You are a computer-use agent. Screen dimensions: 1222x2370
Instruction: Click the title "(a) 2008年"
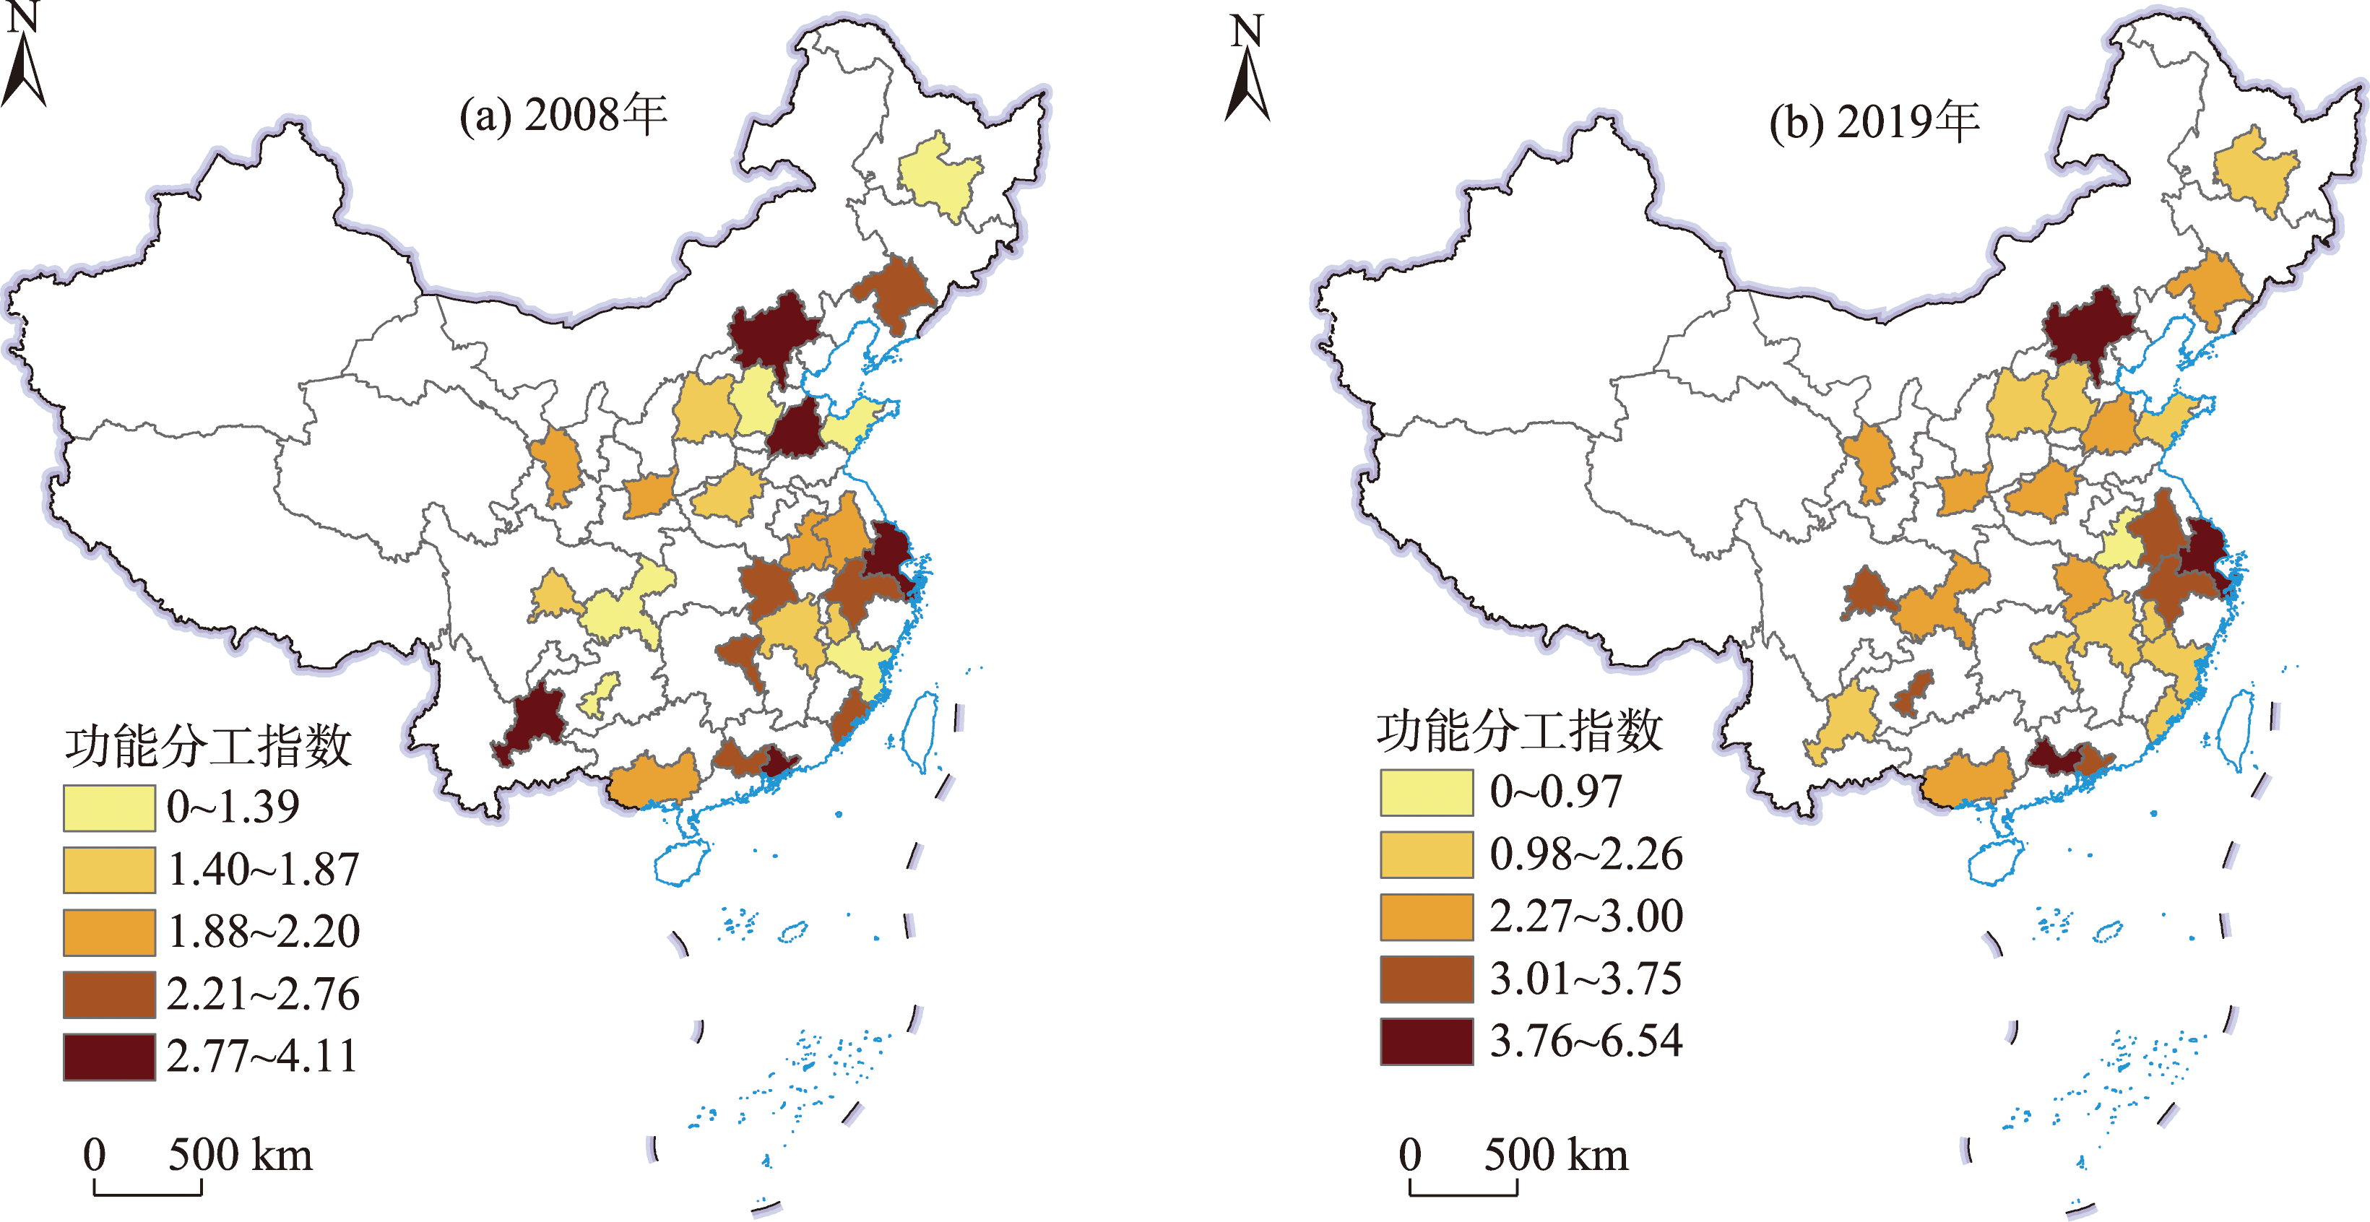pos(563,116)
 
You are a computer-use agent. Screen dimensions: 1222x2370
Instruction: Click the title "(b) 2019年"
pos(1874,122)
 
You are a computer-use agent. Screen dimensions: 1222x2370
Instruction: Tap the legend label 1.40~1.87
pos(263,870)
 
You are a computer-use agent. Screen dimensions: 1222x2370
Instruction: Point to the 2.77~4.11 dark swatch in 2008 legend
pos(108,1057)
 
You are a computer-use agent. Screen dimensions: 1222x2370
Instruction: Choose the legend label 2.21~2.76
pos(263,994)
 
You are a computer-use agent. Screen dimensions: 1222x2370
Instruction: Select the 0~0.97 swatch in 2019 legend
pos(1425,792)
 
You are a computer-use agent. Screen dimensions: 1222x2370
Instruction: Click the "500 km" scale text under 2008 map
pos(240,1156)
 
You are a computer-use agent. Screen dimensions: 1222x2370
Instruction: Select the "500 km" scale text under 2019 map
pos(1556,1156)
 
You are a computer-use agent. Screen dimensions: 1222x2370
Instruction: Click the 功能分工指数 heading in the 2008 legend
pos(208,745)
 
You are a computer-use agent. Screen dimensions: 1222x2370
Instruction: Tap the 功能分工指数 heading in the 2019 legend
pos(1519,732)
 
